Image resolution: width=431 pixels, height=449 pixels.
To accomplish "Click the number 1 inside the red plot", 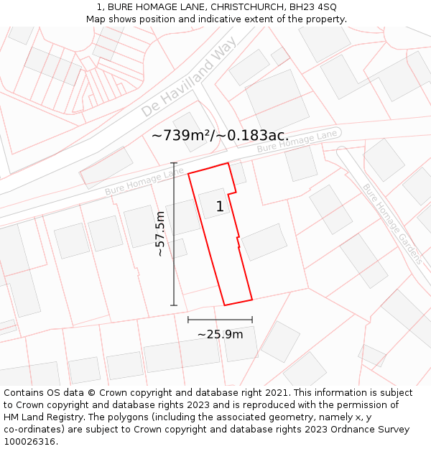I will pyautogui.click(x=220, y=207).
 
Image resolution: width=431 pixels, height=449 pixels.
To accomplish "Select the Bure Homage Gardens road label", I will pyautogui.click(x=391, y=223).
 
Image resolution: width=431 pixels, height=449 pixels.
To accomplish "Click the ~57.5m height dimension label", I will pyautogui.click(x=160, y=234).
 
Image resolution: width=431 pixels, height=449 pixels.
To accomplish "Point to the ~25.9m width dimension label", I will pyautogui.click(x=220, y=334).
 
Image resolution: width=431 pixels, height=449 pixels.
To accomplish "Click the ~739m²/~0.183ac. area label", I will pyautogui.click(x=221, y=135).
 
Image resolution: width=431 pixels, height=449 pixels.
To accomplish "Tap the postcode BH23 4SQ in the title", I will pyautogui.click(x=313, y=7).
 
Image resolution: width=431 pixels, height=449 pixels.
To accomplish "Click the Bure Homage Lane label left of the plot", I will pyautogui.click(x=144, y=182).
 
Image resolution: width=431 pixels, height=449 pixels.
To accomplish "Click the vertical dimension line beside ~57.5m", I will pyautogui.click(x=174, y=234).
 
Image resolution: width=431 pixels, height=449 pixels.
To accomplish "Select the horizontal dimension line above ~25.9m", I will pyautogui.click(x=220, y=320).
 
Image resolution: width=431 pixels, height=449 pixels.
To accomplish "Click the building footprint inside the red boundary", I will pyautogui.click(x=214, y=203).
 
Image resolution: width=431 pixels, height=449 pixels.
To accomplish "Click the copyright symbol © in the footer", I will pyautogui.click(x=92, y=392).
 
